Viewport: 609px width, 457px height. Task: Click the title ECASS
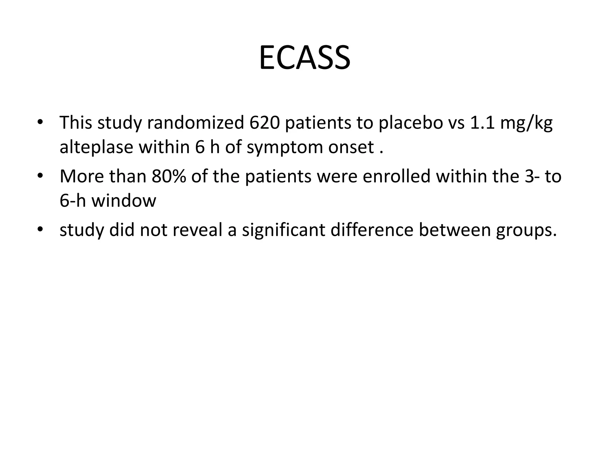point(304,58)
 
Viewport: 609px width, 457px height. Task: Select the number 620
point(264,123)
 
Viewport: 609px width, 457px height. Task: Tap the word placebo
point(411,123)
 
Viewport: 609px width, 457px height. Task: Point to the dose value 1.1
point(482,123)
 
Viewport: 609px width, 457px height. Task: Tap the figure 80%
point(169,176)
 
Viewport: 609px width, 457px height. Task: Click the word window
point(123,201)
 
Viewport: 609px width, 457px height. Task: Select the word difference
point(372,230)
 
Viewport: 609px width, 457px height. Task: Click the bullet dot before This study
point(40,123)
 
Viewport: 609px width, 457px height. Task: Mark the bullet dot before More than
point(40,176)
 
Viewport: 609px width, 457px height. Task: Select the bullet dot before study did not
point(40,230)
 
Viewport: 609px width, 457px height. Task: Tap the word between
point(455,230)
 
